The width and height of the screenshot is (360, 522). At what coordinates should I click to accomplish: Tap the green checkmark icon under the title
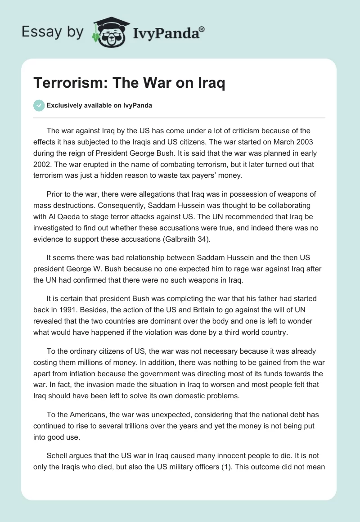(x=39, y=105)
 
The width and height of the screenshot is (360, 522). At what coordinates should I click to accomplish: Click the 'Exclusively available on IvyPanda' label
(x=100, y=106)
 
